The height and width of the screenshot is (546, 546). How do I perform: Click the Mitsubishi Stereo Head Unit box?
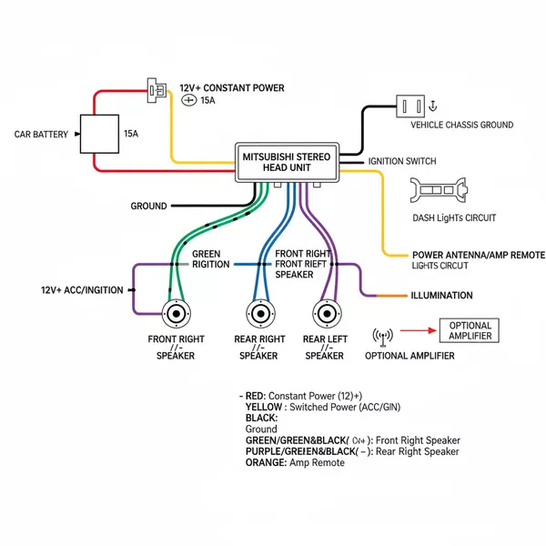coord(287,162)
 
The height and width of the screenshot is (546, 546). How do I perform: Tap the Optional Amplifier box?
coord(470,330)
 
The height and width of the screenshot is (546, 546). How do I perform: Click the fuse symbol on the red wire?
coord(157,89)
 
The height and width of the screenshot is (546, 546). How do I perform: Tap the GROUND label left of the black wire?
coord(148,207)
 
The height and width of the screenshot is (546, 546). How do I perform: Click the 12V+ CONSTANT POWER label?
coord(231,88)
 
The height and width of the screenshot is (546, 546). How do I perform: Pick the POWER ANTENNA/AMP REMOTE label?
coord(478,255)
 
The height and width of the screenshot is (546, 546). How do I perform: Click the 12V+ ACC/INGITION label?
coord(82,290)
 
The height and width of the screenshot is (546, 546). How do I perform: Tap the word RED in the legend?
coord(257,397)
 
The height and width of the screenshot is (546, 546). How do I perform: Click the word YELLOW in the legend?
coord(265,407)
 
